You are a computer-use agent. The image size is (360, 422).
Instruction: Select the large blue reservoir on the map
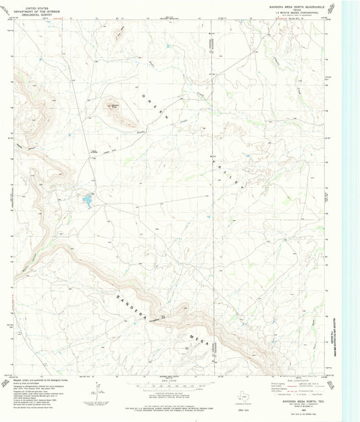[87, 199]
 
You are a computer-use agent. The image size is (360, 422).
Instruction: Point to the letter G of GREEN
[144, 97]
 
